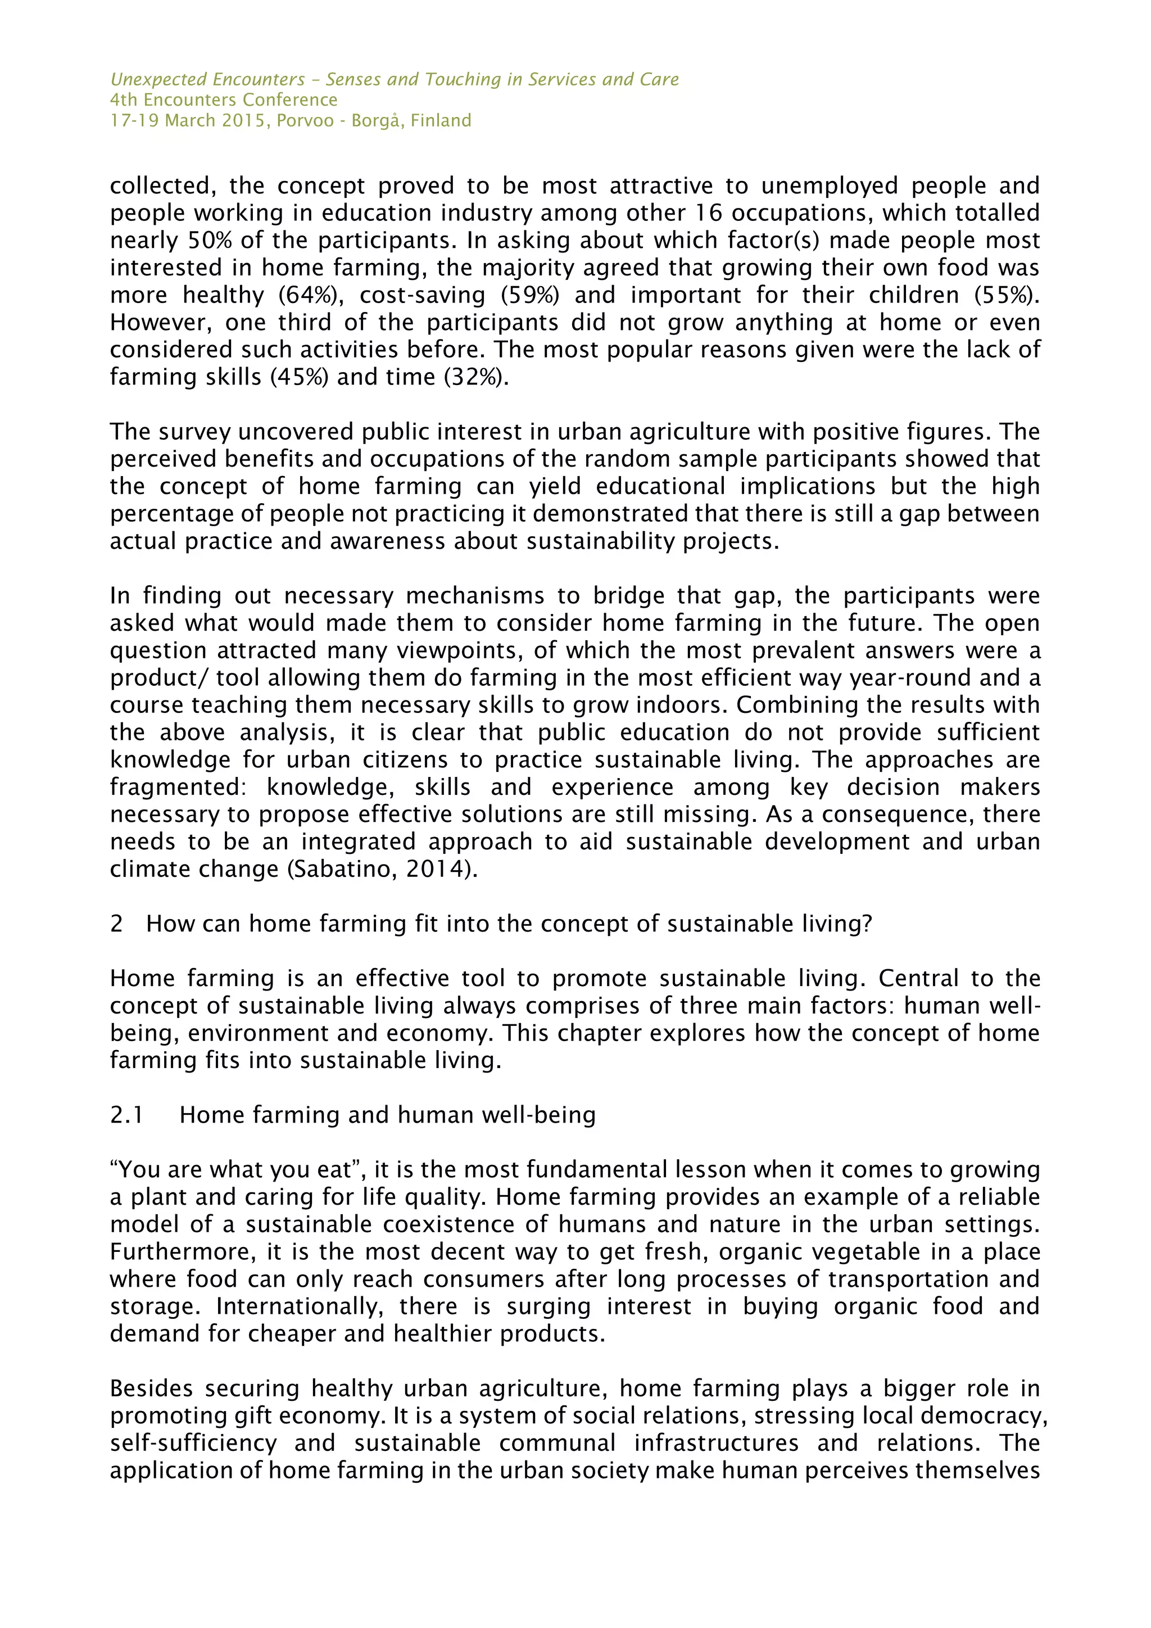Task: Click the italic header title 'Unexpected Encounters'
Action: [207, 79]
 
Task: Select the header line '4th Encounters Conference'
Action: [223, 100]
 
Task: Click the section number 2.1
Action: [127, 1115]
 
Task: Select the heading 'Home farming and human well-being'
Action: [387, 1115]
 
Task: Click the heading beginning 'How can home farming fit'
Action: [508, 924]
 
